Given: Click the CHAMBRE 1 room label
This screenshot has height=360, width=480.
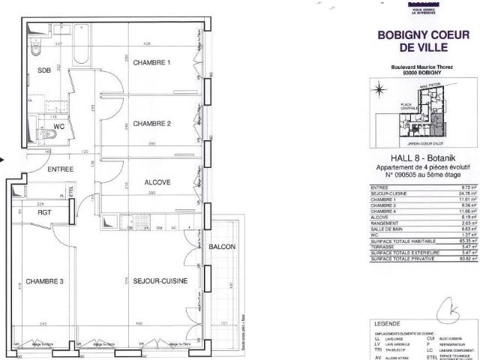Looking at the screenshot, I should pos(152,62).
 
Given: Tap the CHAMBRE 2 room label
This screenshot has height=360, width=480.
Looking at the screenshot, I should pos(152,124).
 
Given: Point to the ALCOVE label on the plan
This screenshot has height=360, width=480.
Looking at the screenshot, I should pos(157,182).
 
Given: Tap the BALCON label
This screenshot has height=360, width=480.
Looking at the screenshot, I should pos(223,247).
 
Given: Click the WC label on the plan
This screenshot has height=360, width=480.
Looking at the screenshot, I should pos(60,127).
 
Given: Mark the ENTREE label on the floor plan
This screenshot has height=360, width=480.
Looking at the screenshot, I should pos(61,169).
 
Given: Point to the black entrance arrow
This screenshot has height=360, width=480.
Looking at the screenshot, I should pos(3,159).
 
